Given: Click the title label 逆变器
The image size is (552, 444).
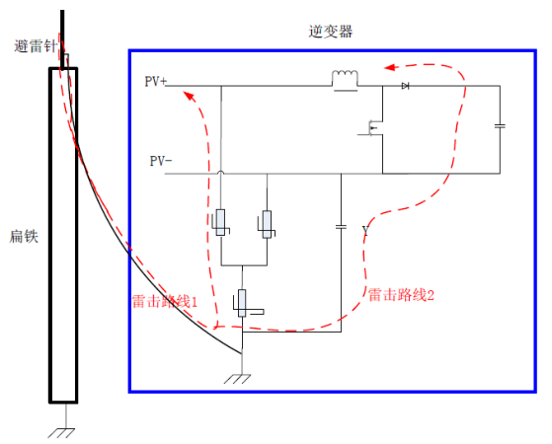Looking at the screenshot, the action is click(x=330, y=32).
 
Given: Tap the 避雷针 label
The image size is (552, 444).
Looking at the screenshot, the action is click(x=36, y=46).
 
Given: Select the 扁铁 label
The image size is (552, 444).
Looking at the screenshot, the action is click(x=24, y=237).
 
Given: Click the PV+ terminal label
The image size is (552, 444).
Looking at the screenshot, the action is click(x=156, y=81).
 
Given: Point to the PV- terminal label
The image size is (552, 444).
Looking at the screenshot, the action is click(x=161, y=161).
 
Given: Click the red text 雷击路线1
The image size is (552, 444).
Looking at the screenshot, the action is click(x=164, y=302).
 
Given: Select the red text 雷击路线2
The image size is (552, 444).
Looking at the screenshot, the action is click(x=401, y=295).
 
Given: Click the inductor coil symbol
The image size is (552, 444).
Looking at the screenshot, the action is click(x=345, y=80).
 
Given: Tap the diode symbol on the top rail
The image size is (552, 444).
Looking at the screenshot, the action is click(x=405, y=86).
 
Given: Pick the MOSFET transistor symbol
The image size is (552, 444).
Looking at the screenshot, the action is click(x=372, y=128).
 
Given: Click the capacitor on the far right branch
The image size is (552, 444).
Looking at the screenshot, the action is click(x=500, y=125).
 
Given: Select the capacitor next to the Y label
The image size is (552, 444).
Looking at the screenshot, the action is click(x=341, y=227).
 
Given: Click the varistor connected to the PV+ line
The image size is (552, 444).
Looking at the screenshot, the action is click(x=221, y=222).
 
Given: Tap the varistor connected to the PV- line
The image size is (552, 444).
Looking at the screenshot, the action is click(x=267, y=224).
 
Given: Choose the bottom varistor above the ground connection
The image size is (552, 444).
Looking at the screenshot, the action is click(x=243, y=303).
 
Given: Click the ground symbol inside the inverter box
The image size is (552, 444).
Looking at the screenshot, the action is click(x=238, y=379).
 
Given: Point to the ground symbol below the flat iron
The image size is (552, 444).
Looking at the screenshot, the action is click(x=61, y=433).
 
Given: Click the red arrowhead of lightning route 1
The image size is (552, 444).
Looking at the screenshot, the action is click(x=190, y=96).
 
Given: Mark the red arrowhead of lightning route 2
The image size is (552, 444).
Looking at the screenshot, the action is click(x=389, y=67).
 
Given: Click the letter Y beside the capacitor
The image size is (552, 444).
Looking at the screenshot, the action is click(x=365, y=231).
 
